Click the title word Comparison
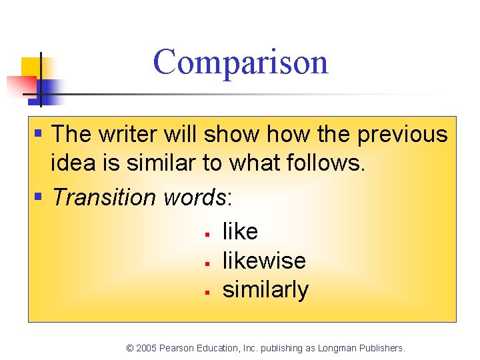(241, 62)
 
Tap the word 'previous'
(403, 134)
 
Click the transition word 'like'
(240, 231)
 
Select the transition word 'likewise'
(264, 260)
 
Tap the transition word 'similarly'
(265, 290)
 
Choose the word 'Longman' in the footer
(337, 348)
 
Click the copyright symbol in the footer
(130, 348)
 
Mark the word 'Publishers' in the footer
(381, 348)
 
